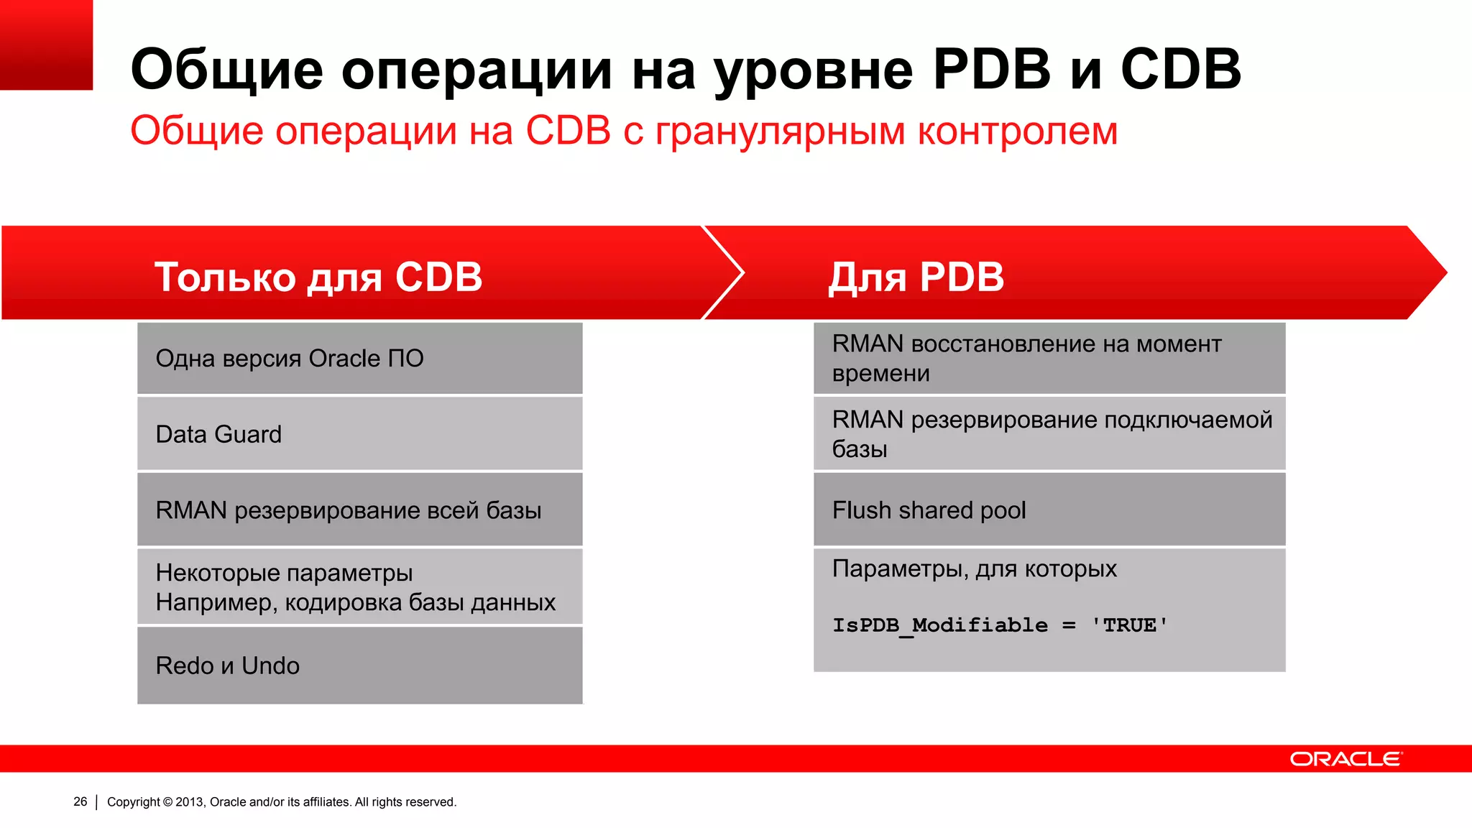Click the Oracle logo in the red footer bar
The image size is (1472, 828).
tap(1345, 759)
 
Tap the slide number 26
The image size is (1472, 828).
tap(80, 801)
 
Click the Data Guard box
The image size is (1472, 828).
tap(359, 434)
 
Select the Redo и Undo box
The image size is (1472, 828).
tap(359, 666)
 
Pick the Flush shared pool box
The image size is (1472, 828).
tap(1049, 510)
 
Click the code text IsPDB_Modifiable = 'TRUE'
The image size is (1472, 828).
tap(1000, 625)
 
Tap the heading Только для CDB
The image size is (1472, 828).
tap(318, 277)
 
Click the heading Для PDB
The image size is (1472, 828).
tap(916, 277)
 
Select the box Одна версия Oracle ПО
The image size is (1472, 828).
tap(359, 358)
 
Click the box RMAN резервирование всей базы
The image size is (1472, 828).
tap(359, 510)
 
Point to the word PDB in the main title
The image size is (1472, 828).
tap(992, 70)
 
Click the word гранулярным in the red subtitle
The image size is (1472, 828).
tap(780, 132)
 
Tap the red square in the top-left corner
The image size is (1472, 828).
tap(46, 45)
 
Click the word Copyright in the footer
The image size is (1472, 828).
tap(133, 801)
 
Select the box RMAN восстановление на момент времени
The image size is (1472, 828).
tap(1049, 358)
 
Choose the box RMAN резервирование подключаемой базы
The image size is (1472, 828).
tap(1049, 434)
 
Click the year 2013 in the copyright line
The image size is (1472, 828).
tap(190, 801)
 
